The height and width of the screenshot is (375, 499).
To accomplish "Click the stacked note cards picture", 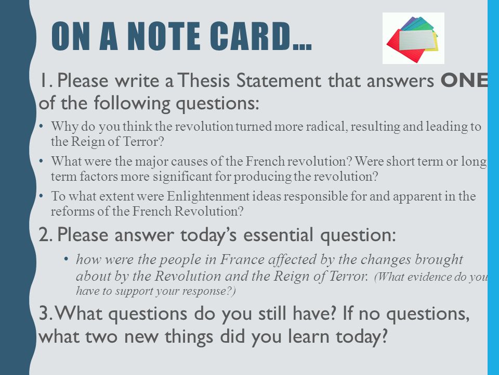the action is coord(413,38).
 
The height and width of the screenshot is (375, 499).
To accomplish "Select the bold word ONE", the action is coord(464,80).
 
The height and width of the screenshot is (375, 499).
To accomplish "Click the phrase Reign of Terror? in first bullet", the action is coord(117,141).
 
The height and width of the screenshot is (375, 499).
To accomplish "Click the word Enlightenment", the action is coord(208,196).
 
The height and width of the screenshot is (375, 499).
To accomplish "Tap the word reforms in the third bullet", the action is coord(72,211).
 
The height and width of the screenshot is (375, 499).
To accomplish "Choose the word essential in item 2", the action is coord(278,235).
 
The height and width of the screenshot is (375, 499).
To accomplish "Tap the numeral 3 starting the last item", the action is coord(44,313).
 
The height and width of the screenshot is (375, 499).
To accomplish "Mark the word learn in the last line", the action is coord(308,336).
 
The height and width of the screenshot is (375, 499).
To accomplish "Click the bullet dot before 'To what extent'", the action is coord(41,195).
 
